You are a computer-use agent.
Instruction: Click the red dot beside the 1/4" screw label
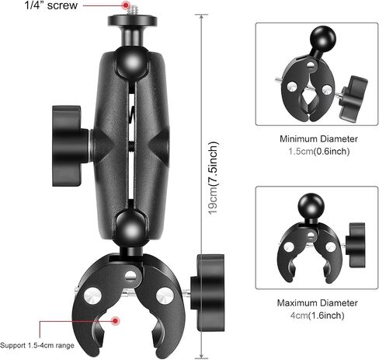tap(126, 5)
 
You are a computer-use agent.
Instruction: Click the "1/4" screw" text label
tap(51, 5)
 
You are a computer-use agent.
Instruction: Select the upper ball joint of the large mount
tap(132, 62)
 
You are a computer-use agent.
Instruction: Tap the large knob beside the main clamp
tap(207, 293)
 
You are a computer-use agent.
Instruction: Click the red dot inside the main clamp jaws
tap(115, 320)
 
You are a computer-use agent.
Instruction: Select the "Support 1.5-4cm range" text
tap(37, 345)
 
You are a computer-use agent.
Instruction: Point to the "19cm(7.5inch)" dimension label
tap(214, 178)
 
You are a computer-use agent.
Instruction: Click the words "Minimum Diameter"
tap(318, 139)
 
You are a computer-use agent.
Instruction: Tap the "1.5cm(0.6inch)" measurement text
tap(319, 152)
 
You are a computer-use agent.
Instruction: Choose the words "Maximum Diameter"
tap(318, 303)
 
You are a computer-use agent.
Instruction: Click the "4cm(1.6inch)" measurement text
tap(318, 316)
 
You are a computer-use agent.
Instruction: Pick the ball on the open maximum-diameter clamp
tap(311, 206)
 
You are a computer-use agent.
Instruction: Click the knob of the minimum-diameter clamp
tap(353, 96)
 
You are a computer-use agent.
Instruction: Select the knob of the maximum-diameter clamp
tap(356, 245)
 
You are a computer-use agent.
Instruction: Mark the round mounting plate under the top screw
tap(132, 20)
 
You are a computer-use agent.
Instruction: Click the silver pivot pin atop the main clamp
tap(130, 276)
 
